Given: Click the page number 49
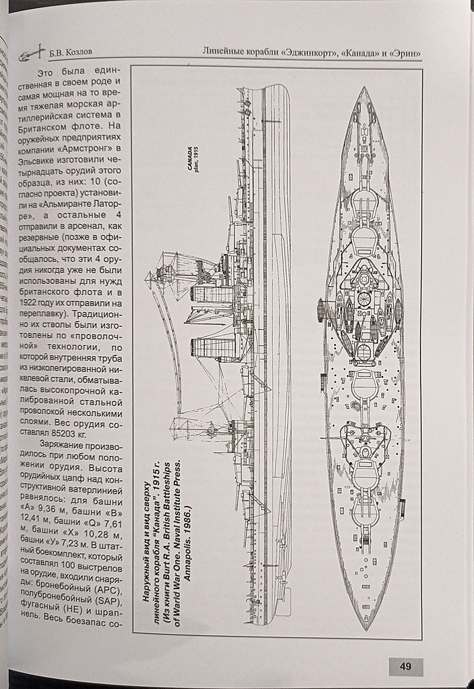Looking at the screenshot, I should coord(406,667).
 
